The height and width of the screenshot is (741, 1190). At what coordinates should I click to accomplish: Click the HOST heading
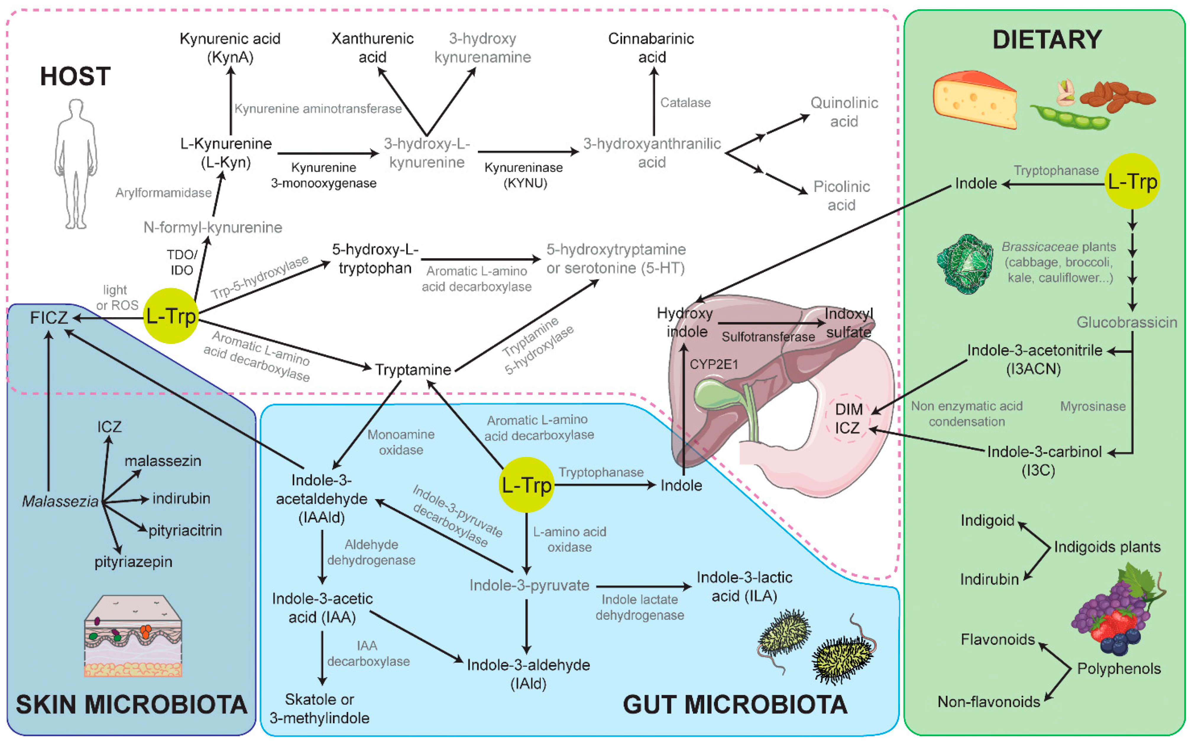click(x=75, y=77)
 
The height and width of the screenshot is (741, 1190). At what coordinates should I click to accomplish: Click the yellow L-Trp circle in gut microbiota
click(x=526, y=485)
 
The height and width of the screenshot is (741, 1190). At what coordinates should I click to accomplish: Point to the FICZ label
click(x=48, y=318)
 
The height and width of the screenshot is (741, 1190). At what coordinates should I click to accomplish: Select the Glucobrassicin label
click(x=1126, y=323)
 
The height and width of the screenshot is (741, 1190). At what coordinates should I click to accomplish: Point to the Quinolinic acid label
click(x=843, y=112)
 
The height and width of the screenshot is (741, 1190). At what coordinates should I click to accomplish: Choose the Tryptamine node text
click(x=413, y=370)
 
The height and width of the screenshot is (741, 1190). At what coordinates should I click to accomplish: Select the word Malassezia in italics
click(x=60, y=501)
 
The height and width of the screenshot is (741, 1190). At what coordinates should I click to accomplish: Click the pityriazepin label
click(x=133, y=562)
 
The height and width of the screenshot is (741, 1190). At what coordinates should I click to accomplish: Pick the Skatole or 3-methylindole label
click(x=319, y=709)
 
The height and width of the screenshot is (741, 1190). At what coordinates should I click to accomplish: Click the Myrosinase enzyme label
click(x=1092, y=406)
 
